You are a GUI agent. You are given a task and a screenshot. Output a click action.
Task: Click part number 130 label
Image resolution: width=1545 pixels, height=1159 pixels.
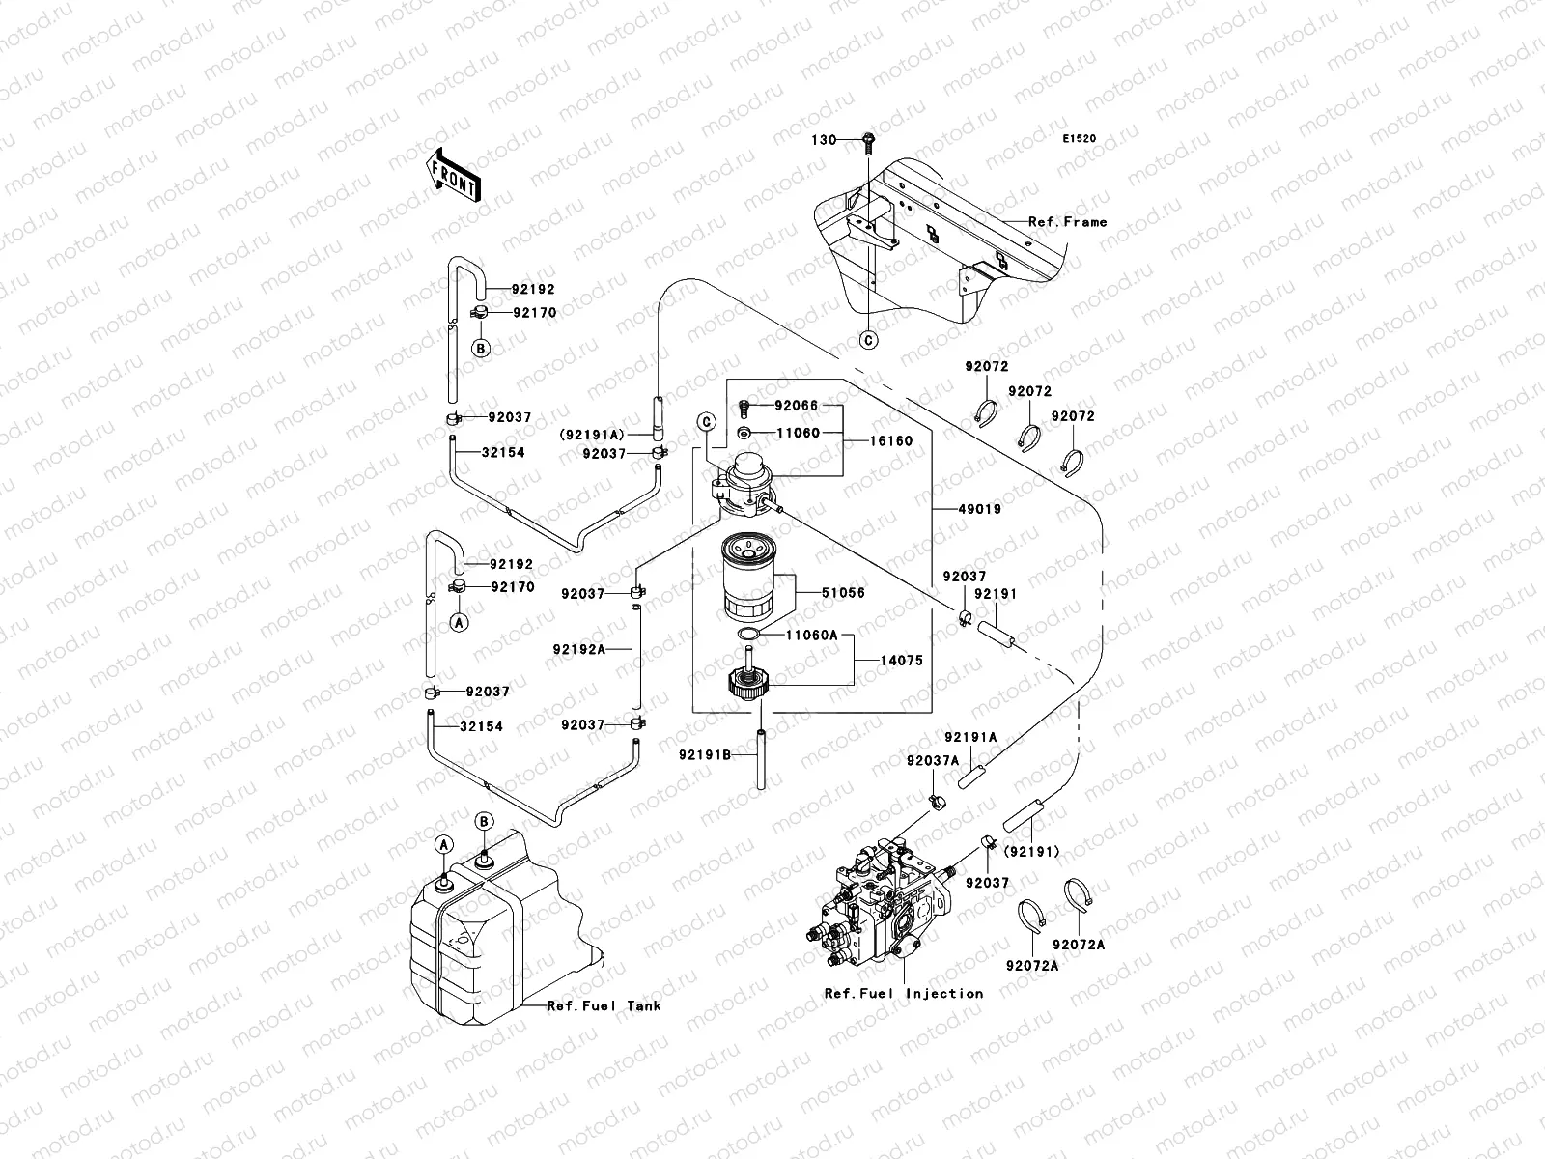[823, 140]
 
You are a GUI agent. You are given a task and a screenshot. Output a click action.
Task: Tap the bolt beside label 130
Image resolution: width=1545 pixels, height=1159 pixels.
[867, 141]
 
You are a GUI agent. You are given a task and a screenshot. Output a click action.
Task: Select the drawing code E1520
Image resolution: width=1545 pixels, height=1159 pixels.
[1080, 139]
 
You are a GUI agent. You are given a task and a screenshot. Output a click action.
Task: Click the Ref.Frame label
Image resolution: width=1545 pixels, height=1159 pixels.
[1067, 222]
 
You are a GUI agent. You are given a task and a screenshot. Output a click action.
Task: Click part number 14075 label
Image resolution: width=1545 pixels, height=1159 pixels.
[900, 661]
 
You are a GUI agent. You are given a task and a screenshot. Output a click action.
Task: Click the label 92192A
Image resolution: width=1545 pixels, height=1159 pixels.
[579, 649]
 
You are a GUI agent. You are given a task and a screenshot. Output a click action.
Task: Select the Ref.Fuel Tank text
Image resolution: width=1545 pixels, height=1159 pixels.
[604, 1005]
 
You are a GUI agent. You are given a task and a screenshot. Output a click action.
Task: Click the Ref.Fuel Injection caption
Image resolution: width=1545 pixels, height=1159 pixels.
[904, 993]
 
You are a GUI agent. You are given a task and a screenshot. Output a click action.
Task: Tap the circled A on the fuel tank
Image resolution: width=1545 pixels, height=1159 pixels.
[443, 844]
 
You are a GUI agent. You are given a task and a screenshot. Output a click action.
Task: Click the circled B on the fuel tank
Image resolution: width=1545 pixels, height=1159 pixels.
[485, 821]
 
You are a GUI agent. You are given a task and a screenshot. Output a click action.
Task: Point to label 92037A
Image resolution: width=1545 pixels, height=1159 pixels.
[932, 760]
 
